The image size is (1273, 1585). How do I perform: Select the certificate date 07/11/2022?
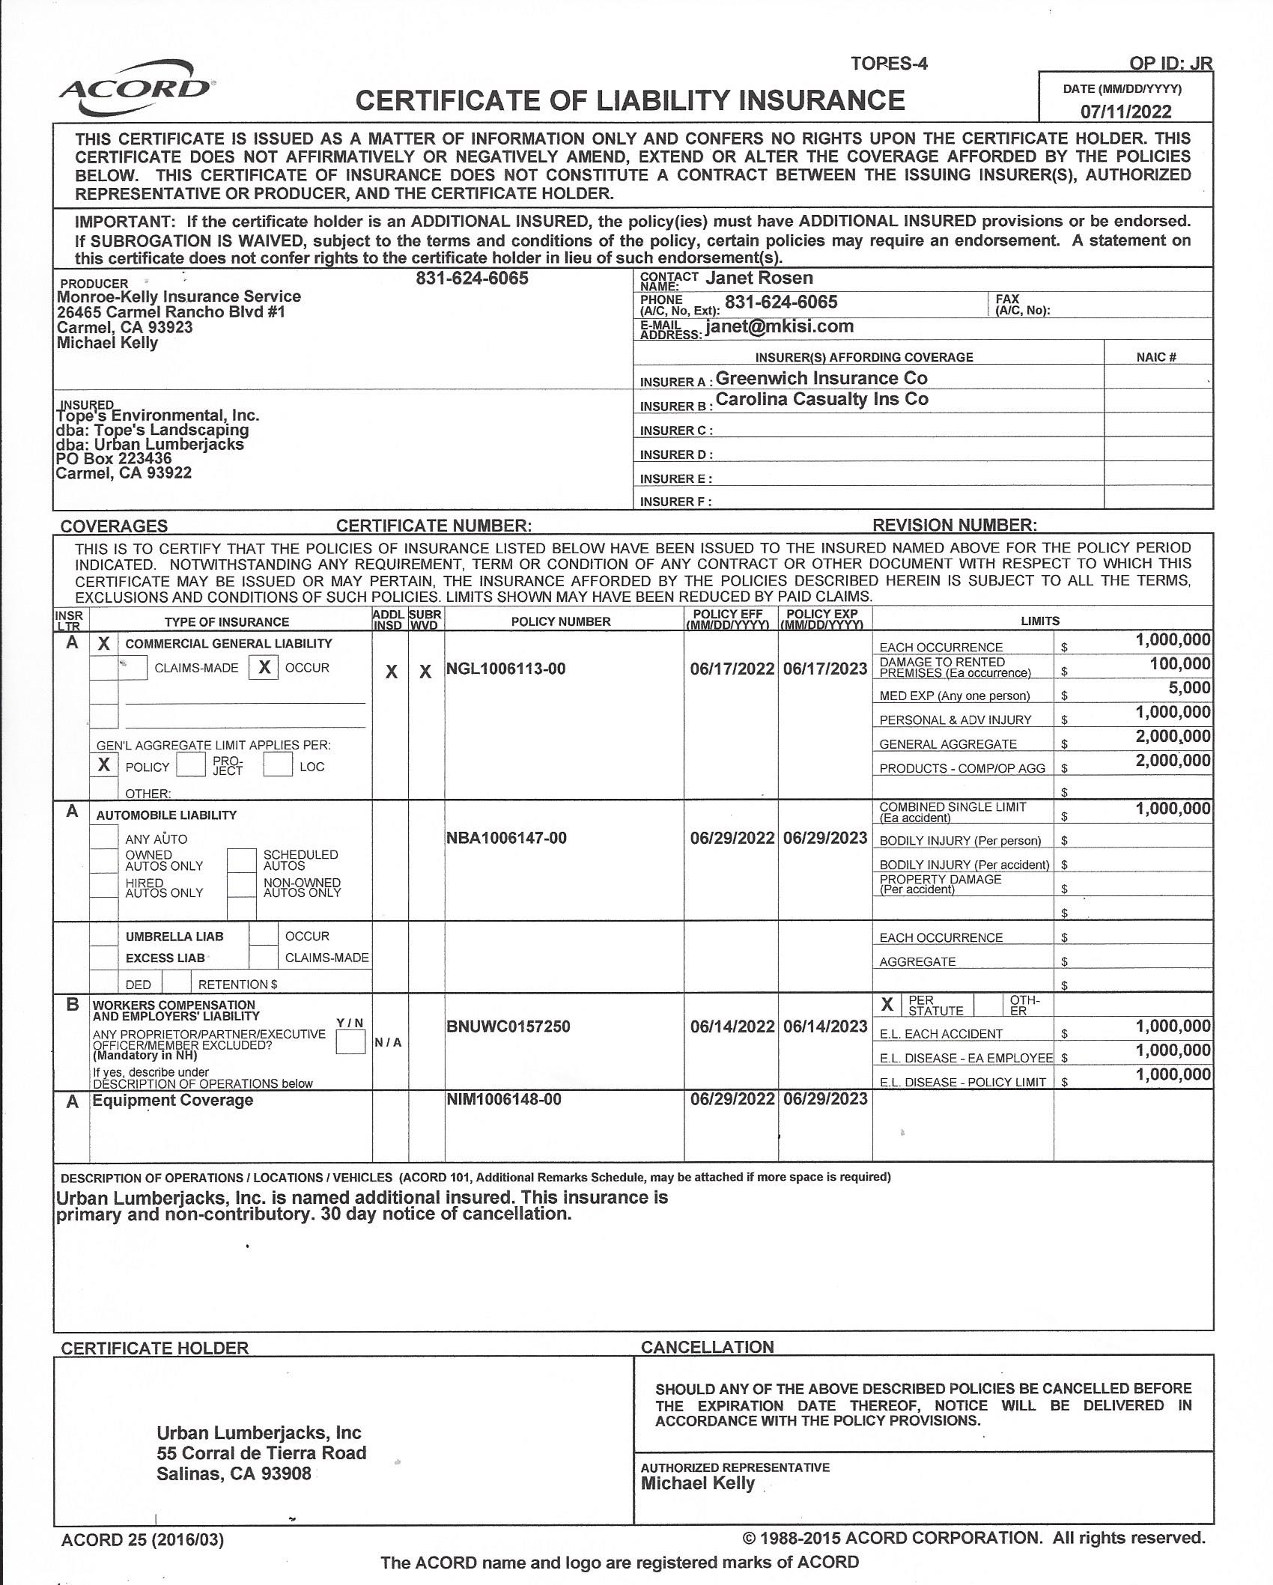pyautogui.click(x=1125, y=112)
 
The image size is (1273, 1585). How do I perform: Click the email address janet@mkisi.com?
pyautogui.click(x=779, y=326)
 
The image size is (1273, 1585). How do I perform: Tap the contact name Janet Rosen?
pyautogui.click(x=759, y=279)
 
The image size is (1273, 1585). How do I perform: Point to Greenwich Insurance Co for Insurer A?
pyautogui.click(x=821, y=378)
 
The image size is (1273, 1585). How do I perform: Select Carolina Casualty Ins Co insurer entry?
pyautogui.click(x=821, y=400)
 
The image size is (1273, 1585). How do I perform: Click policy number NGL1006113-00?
pyautogui.click(x=505, y=669)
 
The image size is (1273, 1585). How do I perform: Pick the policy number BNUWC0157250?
pyautogui.click(x=508, y=1026)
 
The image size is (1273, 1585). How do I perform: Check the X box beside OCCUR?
pyautogui.click(x=264, y=667)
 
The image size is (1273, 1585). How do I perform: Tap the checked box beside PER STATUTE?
pyautogui.click(x=887, y=1005)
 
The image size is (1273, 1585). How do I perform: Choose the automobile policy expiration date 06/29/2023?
pyautogui.click(x=824, y=838)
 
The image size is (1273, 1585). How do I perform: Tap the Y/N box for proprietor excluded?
pyautogui.click(x=350, y=1042)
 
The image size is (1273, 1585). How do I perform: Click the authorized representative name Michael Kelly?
pyautogui.click(x=697, y=1483)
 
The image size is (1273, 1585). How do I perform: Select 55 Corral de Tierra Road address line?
pyautogui.click(x=261, y=1453)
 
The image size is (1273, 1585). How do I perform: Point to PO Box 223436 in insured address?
pyautogui.click(x=114, y=458)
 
